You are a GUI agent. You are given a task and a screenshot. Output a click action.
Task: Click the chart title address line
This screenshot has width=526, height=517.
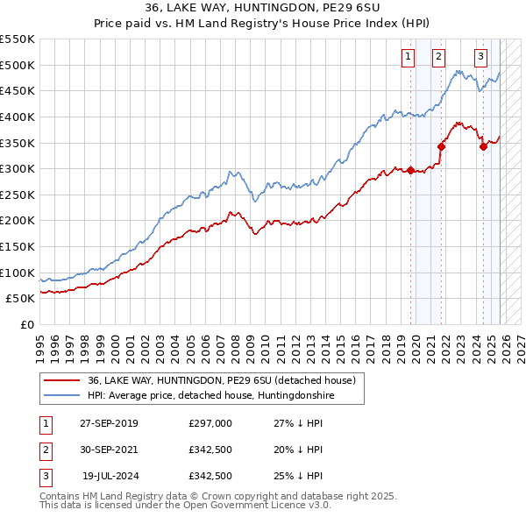pos(263,9)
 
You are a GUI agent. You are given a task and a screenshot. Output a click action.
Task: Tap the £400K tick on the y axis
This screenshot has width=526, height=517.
pos(18,117)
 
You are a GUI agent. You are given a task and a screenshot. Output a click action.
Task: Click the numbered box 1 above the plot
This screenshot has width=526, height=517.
pos(409,58)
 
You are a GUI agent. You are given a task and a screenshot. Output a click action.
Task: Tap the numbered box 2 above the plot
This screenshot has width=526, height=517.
pos(438,58)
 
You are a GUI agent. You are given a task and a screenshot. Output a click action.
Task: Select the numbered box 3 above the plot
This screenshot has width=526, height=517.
pos(481,58)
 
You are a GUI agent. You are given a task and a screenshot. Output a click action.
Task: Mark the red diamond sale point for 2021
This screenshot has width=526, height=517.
pos(441,147)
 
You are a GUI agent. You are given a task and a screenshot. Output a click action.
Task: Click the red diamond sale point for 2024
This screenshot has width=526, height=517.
pos(483,147)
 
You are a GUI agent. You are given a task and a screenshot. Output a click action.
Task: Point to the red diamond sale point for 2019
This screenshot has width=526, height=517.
pos(410,170)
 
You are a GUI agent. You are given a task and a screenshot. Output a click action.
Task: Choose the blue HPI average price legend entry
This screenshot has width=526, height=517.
pos(210,396)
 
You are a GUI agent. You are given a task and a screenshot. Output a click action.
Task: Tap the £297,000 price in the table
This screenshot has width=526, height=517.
pos(210,423)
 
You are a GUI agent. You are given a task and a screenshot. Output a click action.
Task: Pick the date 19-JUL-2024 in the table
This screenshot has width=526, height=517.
pos(110,476)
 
